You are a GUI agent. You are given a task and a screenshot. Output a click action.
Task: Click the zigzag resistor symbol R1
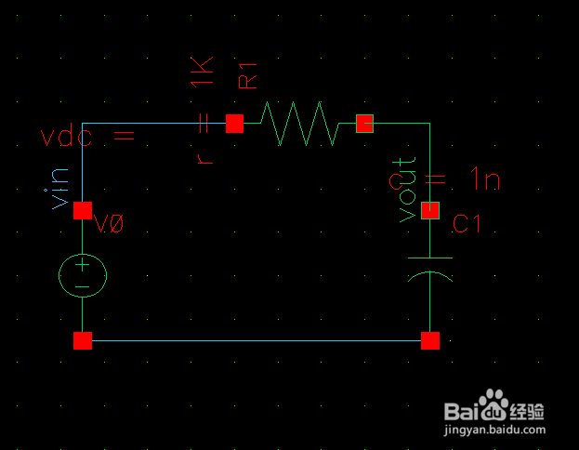(x=299, y=124)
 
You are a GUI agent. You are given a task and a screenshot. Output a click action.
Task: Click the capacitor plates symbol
(x=430, y=267)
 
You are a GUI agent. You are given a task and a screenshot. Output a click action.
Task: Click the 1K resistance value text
(x=202, y=73)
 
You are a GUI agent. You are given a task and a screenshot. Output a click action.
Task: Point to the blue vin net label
(x=59, y=187)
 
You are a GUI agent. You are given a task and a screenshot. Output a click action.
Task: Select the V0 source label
(x=111, y=224)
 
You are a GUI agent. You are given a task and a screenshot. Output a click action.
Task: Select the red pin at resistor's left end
(x=234, y=124)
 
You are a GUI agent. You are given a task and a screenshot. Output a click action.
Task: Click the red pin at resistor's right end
(x=364, y=124)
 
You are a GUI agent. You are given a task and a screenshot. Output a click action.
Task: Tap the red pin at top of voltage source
(x=83, y=211)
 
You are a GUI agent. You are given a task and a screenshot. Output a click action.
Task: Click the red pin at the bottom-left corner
(x=83, y=340)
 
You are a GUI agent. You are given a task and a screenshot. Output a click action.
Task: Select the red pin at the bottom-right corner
(x=430, y=340)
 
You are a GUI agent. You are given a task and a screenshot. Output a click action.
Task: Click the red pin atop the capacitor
(x=430, y=211)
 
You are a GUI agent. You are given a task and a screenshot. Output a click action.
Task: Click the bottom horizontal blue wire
(x=256, y=340)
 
